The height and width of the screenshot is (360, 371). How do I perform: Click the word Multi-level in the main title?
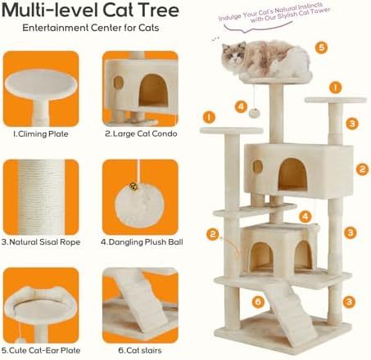point(67,11)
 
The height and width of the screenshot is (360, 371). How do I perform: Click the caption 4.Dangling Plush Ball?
point(143,241)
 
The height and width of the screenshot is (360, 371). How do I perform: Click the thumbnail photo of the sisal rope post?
point(41,197)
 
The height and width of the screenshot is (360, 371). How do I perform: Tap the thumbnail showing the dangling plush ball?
point(140,197)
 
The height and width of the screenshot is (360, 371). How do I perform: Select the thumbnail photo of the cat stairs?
point(140,305)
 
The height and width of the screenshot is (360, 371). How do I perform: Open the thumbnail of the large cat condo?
point(140,88)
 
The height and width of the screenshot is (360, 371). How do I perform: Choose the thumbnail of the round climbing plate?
point(41,88)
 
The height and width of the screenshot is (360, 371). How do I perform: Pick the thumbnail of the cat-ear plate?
point(41,305)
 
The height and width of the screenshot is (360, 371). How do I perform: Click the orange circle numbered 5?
point(322,47)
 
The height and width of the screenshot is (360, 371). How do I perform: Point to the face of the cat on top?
point(233,56)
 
